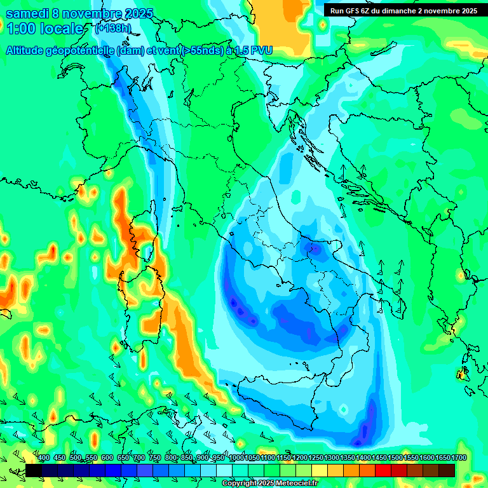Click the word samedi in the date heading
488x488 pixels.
[x=26, y=13]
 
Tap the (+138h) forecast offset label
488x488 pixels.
[x=113, y=29]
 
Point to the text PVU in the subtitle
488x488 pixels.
[x=262, y=50]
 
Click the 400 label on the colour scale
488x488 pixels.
[x=44, y=457]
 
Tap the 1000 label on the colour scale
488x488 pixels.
[x=236, y=457]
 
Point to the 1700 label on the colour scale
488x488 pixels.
[x=459, y=457]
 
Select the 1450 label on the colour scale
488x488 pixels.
[x=379, y=457]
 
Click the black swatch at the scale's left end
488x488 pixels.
[x=34, y=470]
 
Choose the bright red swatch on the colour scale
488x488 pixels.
[x=383, y=470]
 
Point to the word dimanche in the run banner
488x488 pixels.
[x=404, y=10]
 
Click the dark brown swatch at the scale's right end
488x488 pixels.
[x=447, y=470]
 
